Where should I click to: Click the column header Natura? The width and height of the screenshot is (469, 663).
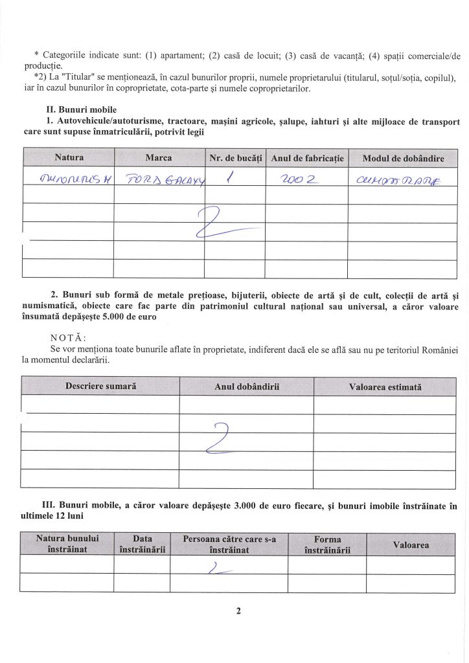coord(69,157)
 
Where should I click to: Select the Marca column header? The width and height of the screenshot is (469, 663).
coord(159,157)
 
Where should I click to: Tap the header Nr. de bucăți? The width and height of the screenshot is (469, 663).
coord(235,158)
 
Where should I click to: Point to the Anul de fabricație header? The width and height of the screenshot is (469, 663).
coord(306,158)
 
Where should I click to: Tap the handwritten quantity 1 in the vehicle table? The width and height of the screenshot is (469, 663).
coord(230,177)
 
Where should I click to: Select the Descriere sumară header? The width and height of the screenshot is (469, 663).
coord(100,386)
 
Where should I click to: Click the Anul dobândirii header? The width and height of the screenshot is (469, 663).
coord(246,387)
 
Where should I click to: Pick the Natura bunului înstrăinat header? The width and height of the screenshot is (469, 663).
coord(67,544)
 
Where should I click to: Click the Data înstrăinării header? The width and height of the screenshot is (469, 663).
coord(142,544)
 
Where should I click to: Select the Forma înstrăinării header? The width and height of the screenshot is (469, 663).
coord(327,544)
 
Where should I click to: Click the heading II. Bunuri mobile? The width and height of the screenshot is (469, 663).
coord(78,109)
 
